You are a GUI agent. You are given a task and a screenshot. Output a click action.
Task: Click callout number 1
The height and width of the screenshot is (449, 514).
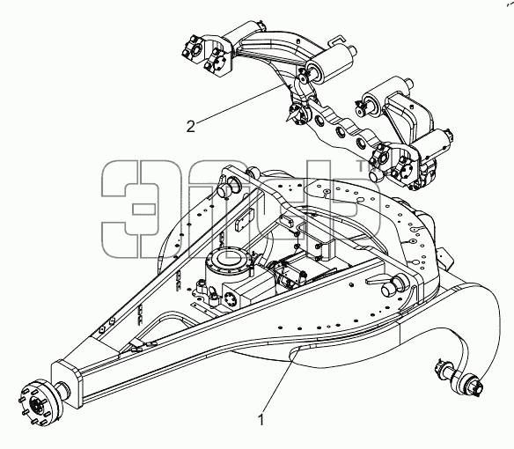(261, 420)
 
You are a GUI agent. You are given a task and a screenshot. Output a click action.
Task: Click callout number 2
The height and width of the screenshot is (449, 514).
(191, 126)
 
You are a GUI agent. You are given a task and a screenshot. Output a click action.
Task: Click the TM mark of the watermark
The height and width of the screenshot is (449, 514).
(363, 166)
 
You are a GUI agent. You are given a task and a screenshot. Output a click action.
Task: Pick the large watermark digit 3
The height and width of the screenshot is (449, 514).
(129, 209)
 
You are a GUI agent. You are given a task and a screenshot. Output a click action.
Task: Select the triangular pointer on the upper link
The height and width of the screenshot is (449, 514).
(291, 116)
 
